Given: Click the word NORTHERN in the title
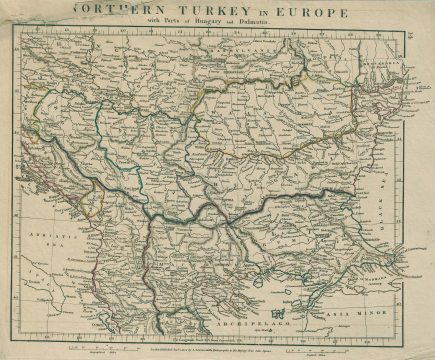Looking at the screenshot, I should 107,13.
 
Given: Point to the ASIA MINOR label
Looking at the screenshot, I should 368,313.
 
